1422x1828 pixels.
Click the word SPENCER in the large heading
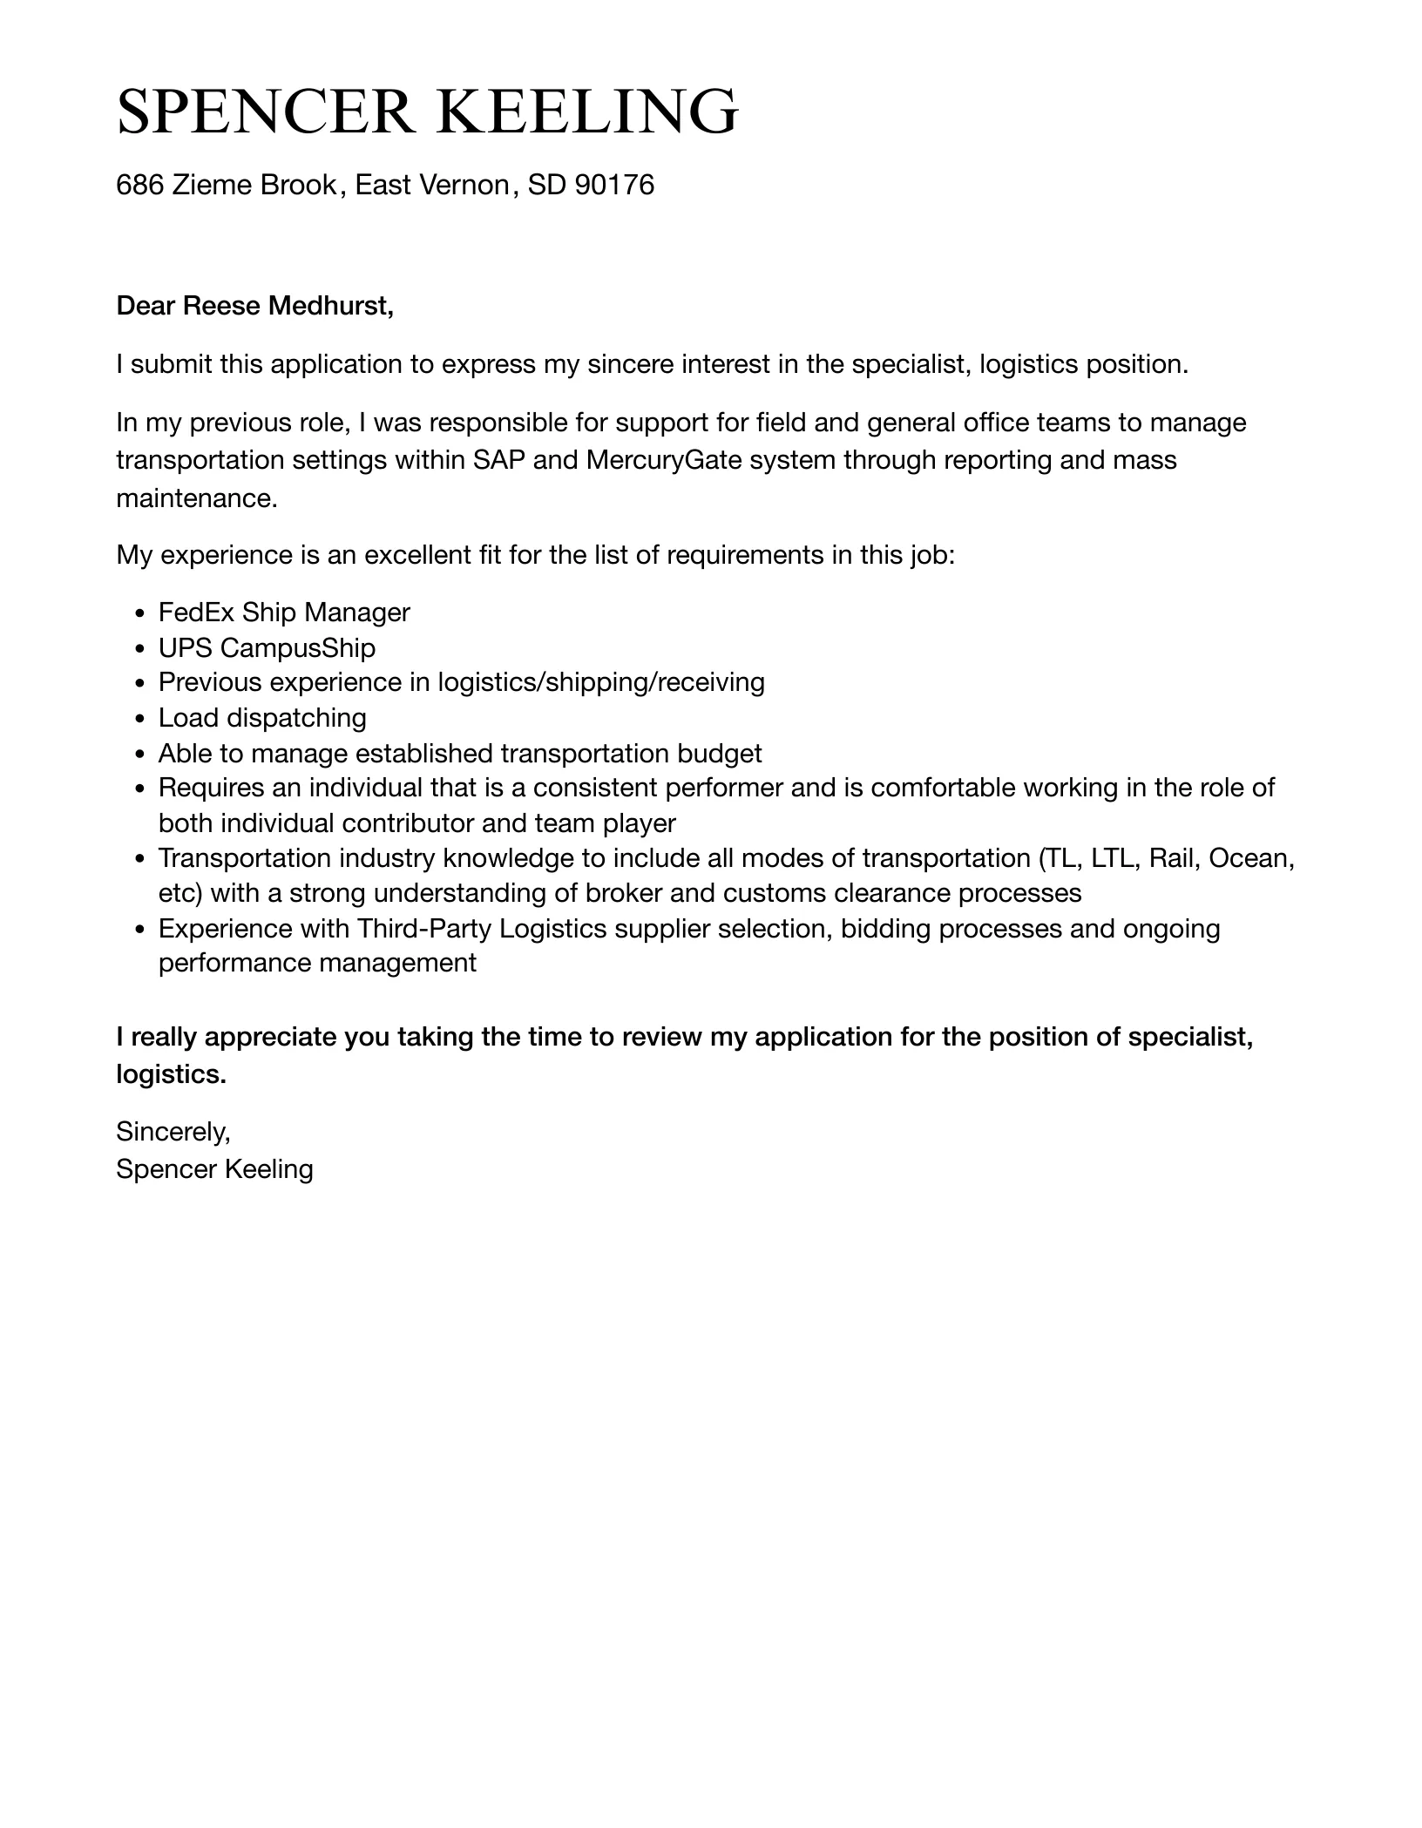(265, 112)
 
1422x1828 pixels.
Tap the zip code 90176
(614, 185)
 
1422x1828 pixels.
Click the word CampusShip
(298, 648)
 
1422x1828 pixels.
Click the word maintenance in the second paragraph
(196, 498)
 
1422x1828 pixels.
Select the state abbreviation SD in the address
(546, 185)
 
